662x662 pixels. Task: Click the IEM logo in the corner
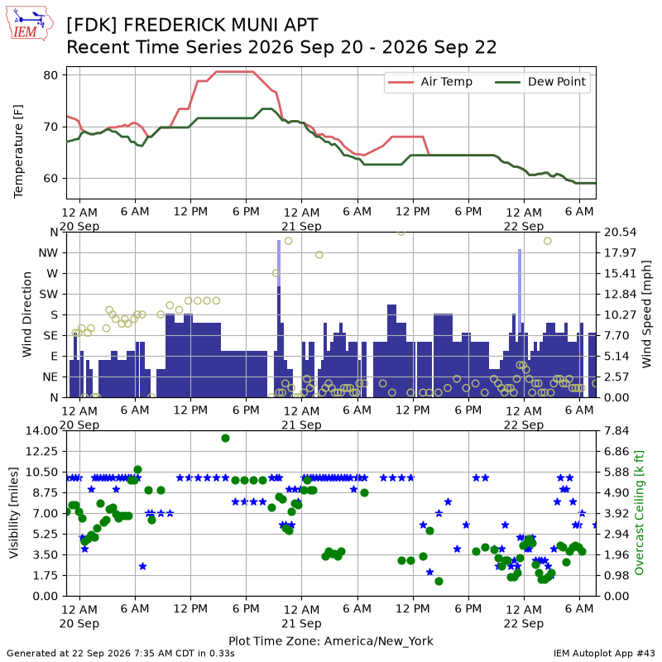30,24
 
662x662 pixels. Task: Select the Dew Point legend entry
541,82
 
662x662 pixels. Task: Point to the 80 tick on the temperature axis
50,75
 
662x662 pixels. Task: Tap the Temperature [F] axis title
18,151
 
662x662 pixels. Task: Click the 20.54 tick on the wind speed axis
620,233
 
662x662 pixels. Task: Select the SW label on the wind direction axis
49,294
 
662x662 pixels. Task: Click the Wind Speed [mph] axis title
646,314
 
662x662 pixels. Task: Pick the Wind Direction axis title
27,314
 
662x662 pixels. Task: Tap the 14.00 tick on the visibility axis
41,430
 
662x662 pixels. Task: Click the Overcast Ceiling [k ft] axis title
640,512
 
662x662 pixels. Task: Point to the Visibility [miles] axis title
14,512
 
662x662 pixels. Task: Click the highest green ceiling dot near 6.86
225,439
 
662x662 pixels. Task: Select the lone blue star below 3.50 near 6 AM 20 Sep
142,566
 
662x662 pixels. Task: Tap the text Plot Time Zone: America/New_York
331,640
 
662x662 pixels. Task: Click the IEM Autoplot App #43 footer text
604,654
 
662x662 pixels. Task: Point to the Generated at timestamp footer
121,654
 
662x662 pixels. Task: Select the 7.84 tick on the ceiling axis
616,430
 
